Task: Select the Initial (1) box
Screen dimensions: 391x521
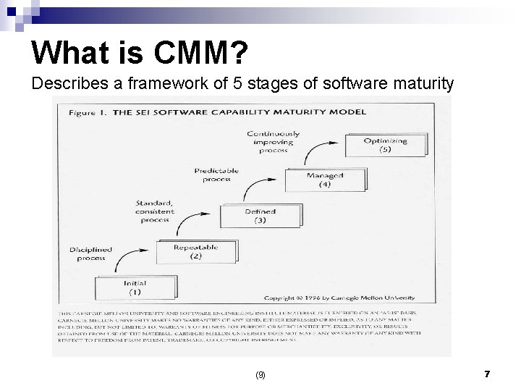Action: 135,287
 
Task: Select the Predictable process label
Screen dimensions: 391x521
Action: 216,175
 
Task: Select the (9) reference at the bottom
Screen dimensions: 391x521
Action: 260,375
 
